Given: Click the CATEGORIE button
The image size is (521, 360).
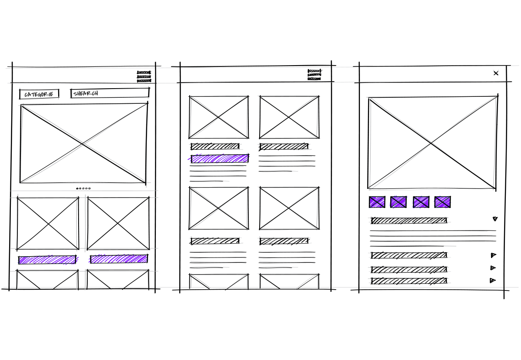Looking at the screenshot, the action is point(39,94).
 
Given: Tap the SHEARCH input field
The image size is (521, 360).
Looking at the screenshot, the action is point(110,93).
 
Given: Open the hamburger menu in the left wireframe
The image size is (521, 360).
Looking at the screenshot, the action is point(144,76).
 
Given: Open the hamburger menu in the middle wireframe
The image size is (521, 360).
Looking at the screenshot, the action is point(314,75).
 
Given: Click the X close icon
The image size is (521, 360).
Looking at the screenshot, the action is point(496,73).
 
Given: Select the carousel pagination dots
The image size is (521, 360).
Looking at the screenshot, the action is point(83,188).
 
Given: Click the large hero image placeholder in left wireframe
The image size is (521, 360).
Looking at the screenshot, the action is point(83,144).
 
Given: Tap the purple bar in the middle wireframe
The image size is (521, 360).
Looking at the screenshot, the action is point(220,159).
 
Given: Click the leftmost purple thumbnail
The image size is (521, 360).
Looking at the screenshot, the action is point(377,202).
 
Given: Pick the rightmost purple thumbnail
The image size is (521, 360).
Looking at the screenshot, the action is point(442,202).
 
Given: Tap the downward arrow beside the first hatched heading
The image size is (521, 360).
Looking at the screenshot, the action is point(495,219).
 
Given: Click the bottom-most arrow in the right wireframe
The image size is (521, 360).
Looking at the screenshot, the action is point(492,281).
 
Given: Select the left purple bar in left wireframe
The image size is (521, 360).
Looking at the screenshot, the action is point(47,260).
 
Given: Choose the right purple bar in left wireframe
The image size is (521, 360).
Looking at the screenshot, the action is point(119,259).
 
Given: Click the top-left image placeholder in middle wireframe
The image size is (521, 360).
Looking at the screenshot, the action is point(219,117).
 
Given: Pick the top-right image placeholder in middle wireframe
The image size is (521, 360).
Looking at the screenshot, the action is point(289,117).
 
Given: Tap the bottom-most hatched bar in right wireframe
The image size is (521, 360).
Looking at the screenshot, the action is point(409,281).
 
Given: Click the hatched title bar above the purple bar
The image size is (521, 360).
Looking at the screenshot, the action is point(215,146).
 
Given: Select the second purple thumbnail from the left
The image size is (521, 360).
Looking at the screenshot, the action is point(399,202).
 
